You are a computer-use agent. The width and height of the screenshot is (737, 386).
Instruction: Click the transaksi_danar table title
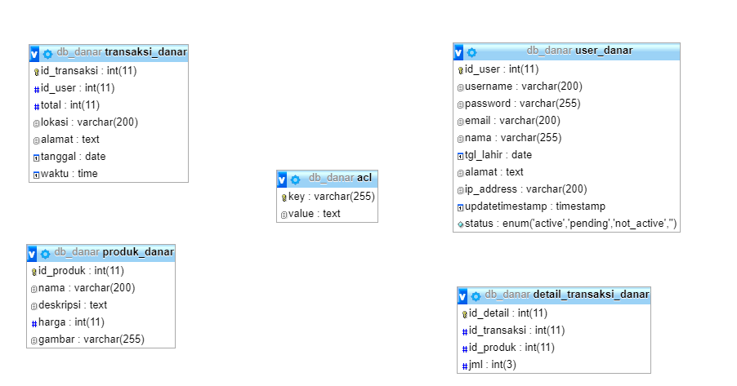point(145,52)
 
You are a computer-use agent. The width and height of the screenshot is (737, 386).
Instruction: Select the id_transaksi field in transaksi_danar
point(88,71)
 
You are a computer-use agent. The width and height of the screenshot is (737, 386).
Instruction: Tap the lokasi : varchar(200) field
point(89,122)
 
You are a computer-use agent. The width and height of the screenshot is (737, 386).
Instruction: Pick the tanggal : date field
point(73,157)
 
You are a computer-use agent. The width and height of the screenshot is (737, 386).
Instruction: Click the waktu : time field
point(69,174)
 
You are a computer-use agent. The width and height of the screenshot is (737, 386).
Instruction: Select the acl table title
point(364,178)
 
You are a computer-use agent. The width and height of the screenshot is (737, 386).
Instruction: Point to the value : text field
point(315,214)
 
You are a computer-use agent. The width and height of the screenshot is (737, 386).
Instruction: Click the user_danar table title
point(604,51)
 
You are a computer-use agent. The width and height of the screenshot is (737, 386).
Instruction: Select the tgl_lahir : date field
point(498,155)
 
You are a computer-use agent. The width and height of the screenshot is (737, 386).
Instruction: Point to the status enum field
point(570,224)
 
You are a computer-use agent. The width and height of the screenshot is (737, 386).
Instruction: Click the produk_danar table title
point(138,252)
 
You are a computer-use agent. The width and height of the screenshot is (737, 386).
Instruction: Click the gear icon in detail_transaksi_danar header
point(476,296)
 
